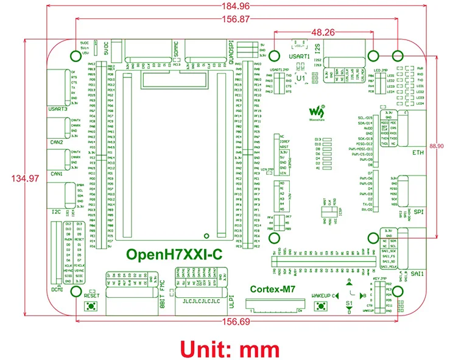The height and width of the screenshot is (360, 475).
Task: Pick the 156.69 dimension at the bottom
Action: [237, 323]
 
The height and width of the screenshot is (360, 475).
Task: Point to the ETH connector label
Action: [418, 152]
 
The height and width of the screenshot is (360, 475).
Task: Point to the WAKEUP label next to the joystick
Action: [321, 295]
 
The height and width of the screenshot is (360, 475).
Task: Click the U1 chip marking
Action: [300, 79]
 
